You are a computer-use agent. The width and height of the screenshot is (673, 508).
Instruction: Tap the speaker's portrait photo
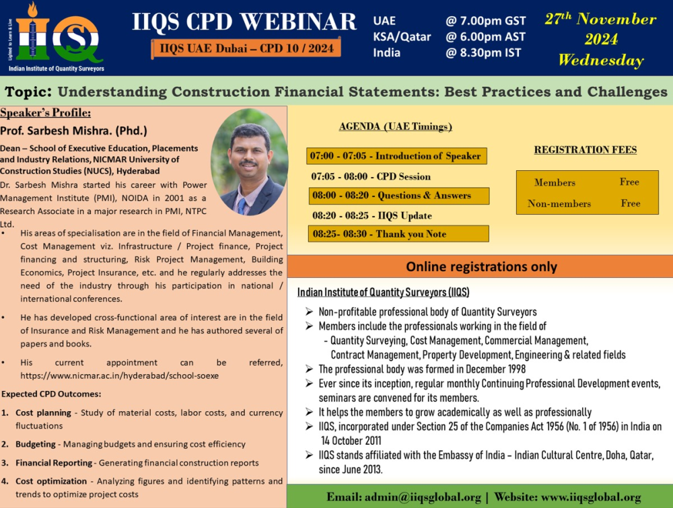[x=250, y=161]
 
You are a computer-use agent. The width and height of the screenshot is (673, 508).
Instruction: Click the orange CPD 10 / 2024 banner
[x=246, y=48]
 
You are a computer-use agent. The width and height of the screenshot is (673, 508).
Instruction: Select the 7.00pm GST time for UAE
[x=485, y=21]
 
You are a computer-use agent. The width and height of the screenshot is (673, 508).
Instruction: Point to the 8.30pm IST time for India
[x=483, y=52]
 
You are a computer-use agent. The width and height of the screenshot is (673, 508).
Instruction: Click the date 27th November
[x=600, y=19]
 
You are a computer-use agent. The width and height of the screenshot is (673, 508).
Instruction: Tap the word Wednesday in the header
[x=601, y=60]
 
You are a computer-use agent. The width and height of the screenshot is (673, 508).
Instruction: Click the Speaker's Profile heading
[x=46, y=113]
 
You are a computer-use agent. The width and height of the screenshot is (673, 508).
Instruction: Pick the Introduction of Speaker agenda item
[x=396, y=155]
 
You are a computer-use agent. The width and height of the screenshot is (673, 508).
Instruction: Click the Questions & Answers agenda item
[x=398, y=196]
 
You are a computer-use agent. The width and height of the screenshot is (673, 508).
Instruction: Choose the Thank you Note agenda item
[x=398, y=234]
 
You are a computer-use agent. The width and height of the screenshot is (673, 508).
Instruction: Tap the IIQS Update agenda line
[x=372, y=215]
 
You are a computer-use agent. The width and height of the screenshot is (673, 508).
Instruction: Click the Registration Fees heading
[x=586, y=150]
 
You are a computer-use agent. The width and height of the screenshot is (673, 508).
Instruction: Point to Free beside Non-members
[x=631, y=203]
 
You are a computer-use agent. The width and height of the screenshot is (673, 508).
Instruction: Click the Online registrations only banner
[x=481, y=266]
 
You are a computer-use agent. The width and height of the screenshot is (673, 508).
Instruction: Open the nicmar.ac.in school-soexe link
[x=120, y=376]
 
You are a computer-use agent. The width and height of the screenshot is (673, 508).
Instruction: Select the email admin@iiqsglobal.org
[x=423, y=497]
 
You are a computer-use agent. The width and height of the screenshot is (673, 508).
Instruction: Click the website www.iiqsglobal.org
[x=591, y=497]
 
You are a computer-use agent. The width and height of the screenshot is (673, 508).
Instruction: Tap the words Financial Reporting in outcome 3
[x=54, y=463]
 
